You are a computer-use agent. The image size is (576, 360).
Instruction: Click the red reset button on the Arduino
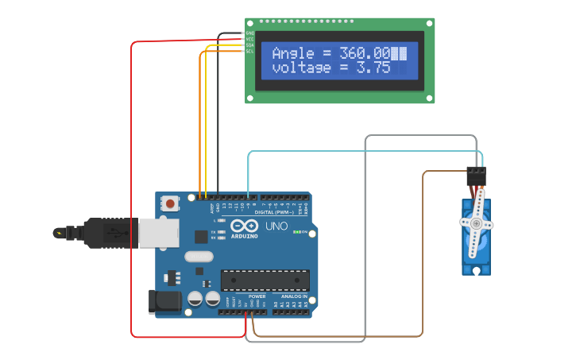[170, 203]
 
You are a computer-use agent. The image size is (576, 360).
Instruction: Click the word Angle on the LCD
[293, 53]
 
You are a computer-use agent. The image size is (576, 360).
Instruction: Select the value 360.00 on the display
[365, 53]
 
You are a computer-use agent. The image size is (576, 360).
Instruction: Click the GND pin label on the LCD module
[249, 33]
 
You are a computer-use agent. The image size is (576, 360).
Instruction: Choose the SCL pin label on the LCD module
[249, 51]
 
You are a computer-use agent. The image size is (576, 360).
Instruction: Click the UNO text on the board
[276, 226]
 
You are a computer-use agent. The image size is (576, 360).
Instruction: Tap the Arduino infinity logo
[245, 226]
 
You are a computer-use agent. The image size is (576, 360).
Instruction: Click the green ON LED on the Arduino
[296, 232]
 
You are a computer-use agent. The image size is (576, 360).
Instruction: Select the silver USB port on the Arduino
[154, 233]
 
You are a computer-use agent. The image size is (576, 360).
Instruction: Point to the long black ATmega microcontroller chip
[265, 281]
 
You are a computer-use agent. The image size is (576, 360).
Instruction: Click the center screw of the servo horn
[477, 224]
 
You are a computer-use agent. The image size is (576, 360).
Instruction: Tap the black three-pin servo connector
[476, 176]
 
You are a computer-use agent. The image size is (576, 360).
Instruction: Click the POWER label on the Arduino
[257, 296]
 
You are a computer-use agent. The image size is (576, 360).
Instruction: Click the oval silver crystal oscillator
[199, 257]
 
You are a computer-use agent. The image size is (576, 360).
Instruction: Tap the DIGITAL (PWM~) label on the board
[275, 212]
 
